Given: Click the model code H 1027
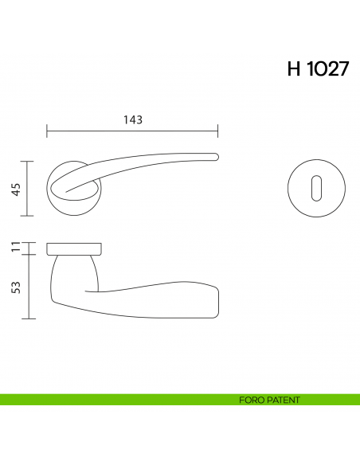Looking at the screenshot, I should (317, 68).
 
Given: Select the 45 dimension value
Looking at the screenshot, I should (15, 189).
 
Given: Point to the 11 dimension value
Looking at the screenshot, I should (15, 247).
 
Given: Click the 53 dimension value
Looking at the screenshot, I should (15, 286).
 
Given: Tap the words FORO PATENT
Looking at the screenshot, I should (269, 400).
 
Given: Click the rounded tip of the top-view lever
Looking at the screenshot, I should (215, 156).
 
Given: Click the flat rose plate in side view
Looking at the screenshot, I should (74, 247).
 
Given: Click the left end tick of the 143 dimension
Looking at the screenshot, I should (47, 131).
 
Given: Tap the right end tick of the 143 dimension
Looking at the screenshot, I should (218, 131).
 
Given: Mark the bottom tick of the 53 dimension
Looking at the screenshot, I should (29, 318).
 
